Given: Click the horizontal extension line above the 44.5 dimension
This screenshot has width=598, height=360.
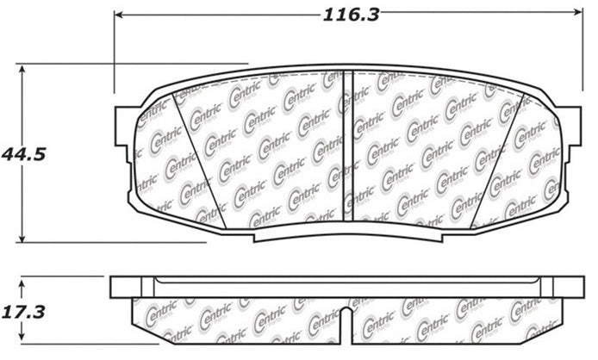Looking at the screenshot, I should (x=129, y=63).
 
